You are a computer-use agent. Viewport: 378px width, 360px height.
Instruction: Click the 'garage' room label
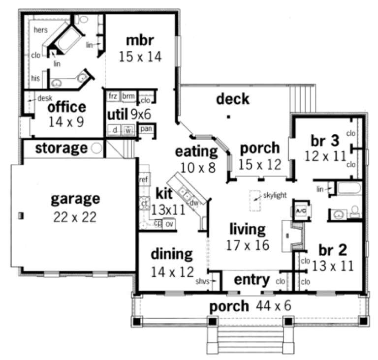pyautogui.click(x=76, y=199)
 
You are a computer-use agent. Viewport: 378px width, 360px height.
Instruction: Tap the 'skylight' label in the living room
pyautogui.click(x=274, y=195)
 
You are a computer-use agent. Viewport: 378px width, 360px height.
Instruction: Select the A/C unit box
pyautogui.click(x=300, y=210)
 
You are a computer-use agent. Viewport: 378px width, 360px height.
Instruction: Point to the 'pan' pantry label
pyautogui.click(x=146, y=129)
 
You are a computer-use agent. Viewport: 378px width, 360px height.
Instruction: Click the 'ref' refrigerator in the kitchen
pyautogui.click(x=144, y=180)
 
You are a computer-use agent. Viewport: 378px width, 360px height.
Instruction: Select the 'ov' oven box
pyautogui.click(x=169, y=224)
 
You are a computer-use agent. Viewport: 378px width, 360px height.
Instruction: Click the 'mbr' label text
pyautogui.click(x=140, y=39)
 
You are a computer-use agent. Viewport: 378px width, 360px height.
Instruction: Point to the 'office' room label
pyautogui.click(x=67, y=107)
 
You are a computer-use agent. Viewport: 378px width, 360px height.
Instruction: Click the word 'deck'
pyautogui.click(x=232, y=99)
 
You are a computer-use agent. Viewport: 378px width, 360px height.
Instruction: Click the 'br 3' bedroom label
pyautogui.click(x=325, y=141)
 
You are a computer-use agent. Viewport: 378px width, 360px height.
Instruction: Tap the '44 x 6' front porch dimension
pyautogui.click(x=273, y=306)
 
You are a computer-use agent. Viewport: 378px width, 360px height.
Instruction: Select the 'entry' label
pyautogui.click(x=252, y=280)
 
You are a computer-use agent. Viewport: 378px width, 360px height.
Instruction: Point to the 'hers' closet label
pyautogui.click(x=41, y=30)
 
